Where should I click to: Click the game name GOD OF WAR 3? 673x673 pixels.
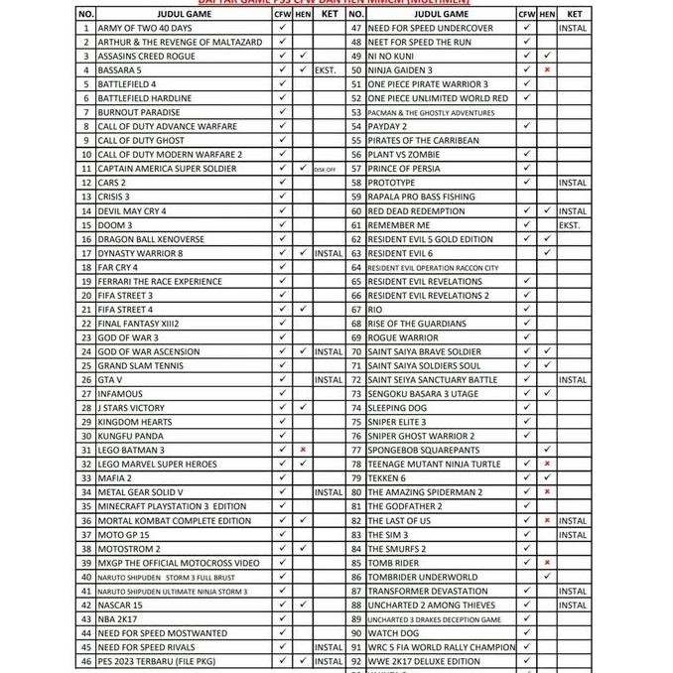(x=128, y=337)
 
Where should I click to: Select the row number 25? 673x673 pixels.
(x=86, y=365)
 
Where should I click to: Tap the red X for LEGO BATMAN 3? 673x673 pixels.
(x=303, y=450)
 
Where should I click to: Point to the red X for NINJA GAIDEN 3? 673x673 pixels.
(x=547, y=70)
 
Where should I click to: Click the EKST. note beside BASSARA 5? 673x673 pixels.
(x=329, y=70)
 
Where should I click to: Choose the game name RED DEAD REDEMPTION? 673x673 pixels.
(x=416, y=211)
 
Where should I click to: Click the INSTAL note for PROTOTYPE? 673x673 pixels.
(x=573, y=183)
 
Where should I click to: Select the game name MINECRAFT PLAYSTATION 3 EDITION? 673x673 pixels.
(x=172, y=506)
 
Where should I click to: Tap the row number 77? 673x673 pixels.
(x=356, y=450)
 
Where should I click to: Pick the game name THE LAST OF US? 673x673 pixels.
(x=399, y=520)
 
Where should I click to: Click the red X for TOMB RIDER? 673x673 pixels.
(x=547, y=563)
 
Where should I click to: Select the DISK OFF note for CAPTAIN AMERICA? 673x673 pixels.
(x=325, y=169)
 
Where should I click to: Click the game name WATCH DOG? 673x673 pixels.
(x=394, y=632)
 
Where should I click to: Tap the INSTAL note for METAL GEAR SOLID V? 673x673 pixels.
(x=329, y=492)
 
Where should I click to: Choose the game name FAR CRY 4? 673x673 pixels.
(x=118, y=267)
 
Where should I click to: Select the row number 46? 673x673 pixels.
(x=86, y=661)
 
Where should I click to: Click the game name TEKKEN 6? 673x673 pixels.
(x=387, y=478)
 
